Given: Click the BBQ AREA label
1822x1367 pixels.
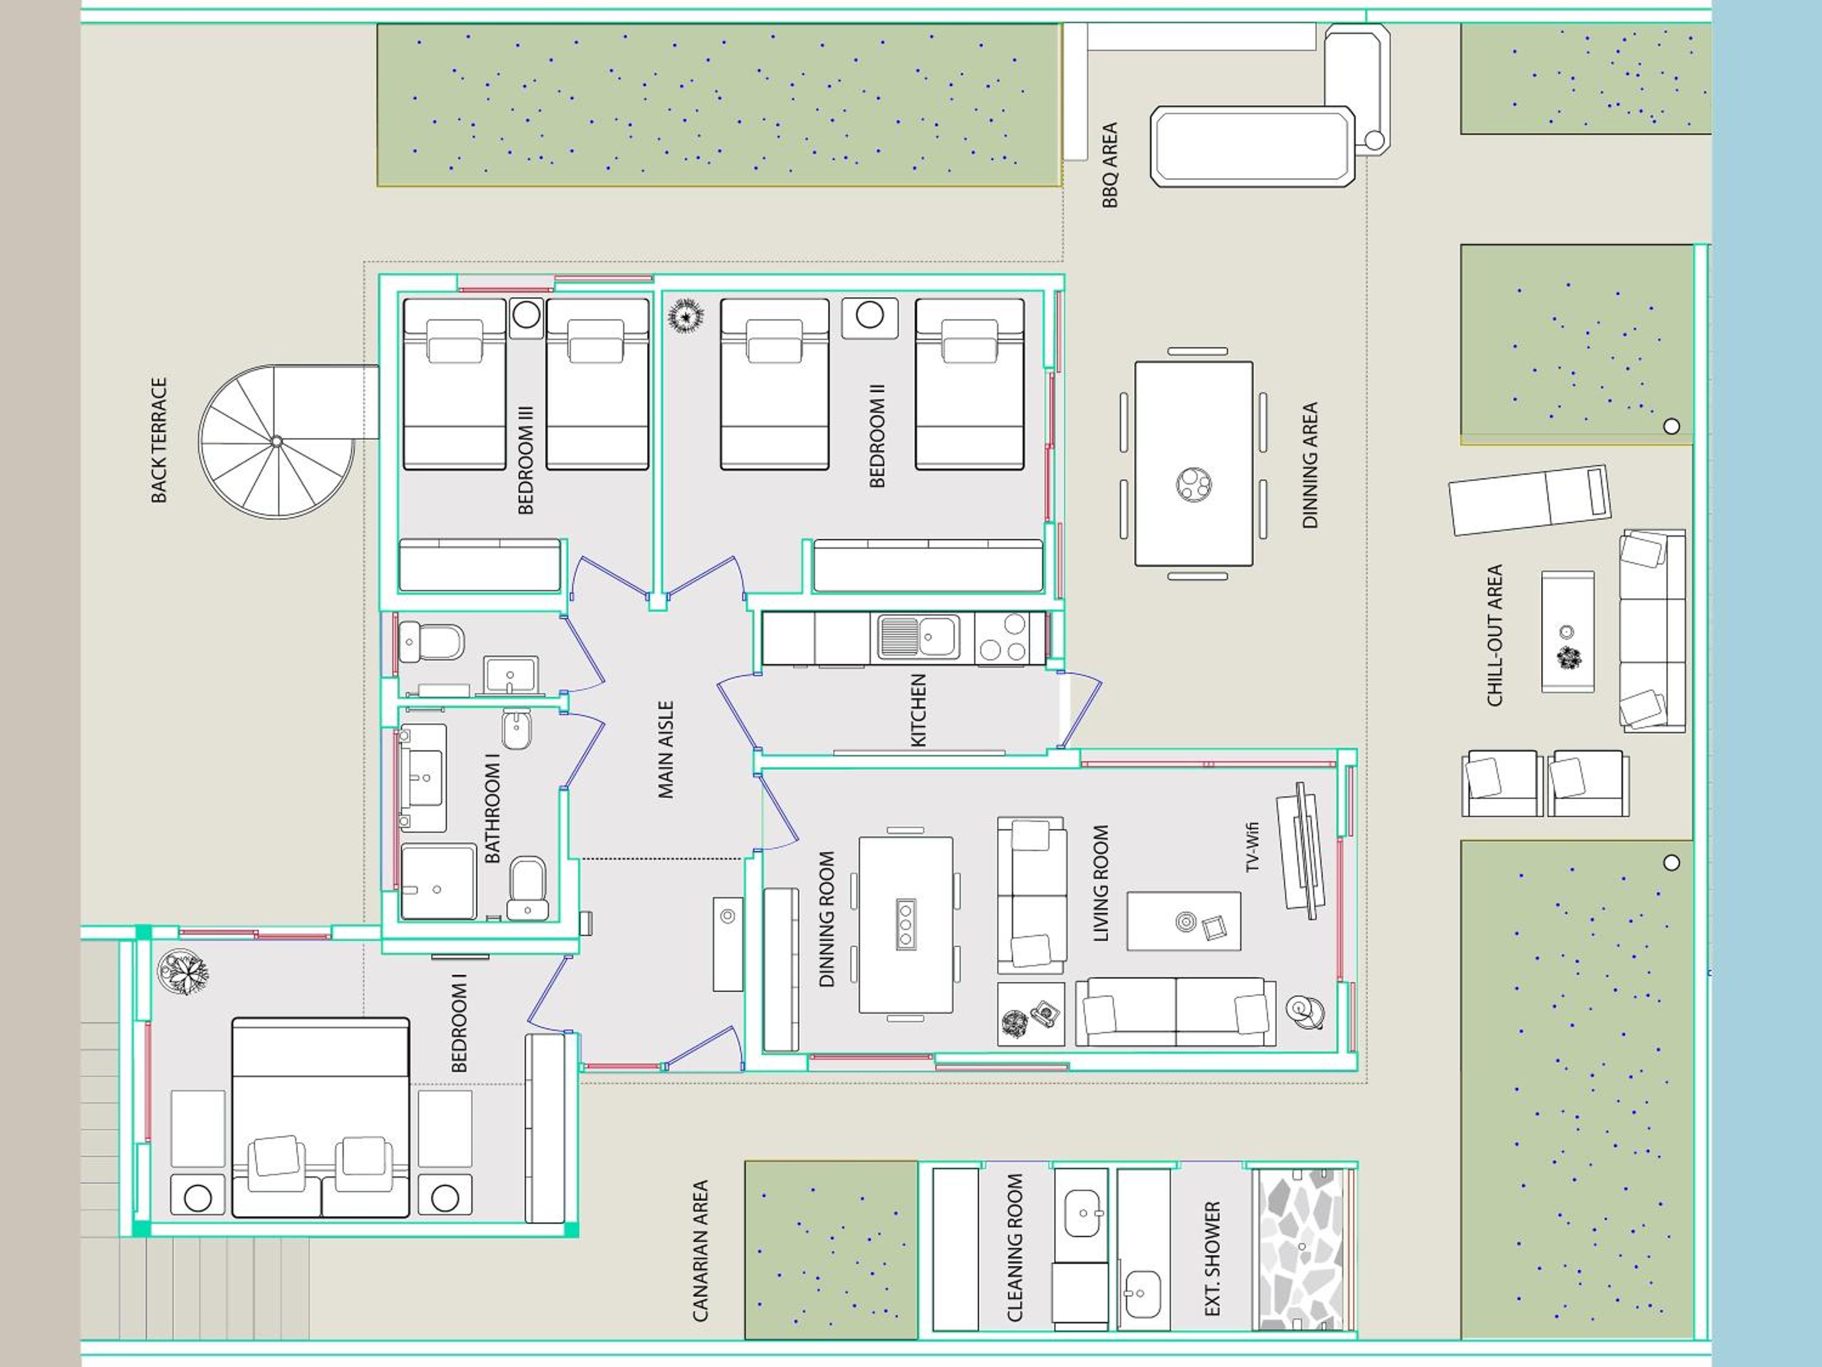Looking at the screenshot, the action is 1110,165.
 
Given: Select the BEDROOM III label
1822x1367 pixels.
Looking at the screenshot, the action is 525,460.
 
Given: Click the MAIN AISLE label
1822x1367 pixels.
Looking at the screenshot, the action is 666,750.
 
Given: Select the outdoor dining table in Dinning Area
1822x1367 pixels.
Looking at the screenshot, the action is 1193,464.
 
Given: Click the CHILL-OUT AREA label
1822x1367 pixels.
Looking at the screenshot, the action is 1495,635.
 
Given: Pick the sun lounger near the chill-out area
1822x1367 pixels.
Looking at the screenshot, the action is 1530,499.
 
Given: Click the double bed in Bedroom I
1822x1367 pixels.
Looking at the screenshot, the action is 321,1118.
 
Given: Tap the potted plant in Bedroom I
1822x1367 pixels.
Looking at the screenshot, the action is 183,972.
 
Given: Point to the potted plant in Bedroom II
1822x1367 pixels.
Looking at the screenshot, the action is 684,316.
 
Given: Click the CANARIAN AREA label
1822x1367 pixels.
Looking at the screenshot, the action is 700,1251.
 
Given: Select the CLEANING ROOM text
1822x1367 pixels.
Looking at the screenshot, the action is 1015,1247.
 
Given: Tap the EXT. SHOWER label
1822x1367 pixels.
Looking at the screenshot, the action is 1212,1258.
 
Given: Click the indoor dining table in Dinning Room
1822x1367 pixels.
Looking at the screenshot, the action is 906,924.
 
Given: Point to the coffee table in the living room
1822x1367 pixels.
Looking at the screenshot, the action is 1184,921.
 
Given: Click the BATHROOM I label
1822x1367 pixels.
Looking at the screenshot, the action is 493,813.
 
